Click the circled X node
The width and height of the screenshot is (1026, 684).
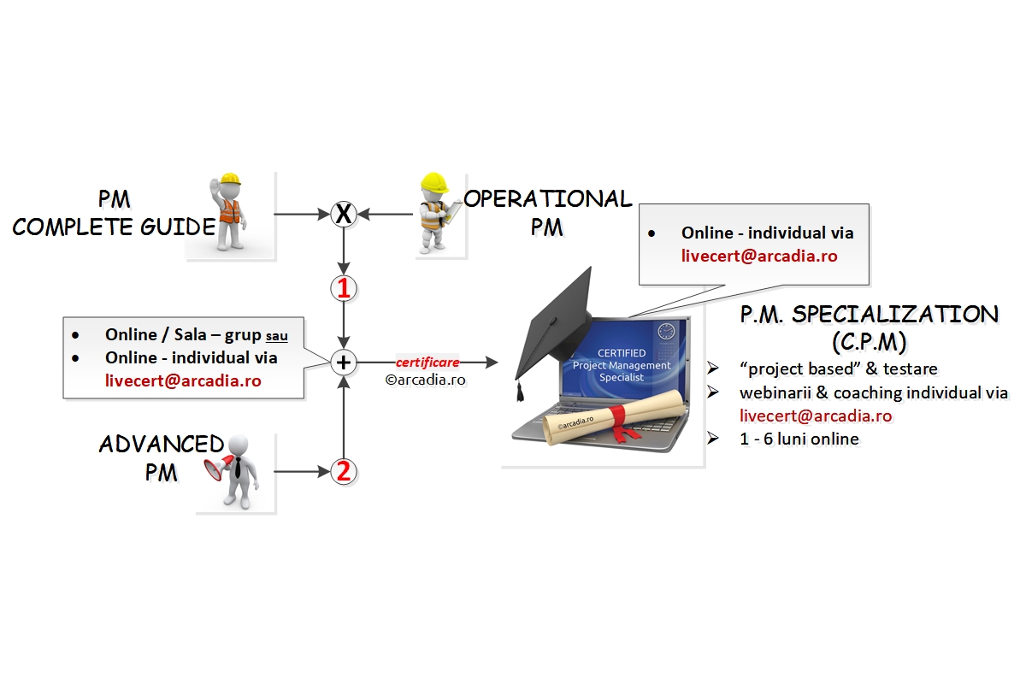coord(343,214)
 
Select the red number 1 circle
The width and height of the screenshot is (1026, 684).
coord(343,289)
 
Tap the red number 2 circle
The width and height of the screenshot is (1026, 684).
coord(343,471)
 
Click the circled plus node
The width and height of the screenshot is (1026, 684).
coord(343,363)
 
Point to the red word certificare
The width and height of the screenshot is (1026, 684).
coord(427,363)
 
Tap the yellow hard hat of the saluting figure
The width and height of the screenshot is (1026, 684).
coord(229,181)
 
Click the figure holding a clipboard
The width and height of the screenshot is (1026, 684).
coord(437,214)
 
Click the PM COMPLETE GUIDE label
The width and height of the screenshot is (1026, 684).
coord(114,214)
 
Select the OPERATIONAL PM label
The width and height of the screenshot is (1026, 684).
coord(547,213)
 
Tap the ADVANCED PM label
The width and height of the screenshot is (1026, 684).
coord(161,457)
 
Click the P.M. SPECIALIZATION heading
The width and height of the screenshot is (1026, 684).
coord(869,314)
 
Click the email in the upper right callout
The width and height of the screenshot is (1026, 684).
coord(758,256)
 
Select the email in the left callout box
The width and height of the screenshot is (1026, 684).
coord(183,381)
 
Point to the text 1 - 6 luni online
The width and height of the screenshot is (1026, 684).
coord(799,439)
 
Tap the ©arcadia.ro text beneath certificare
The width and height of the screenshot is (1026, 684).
coord(426,380)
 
